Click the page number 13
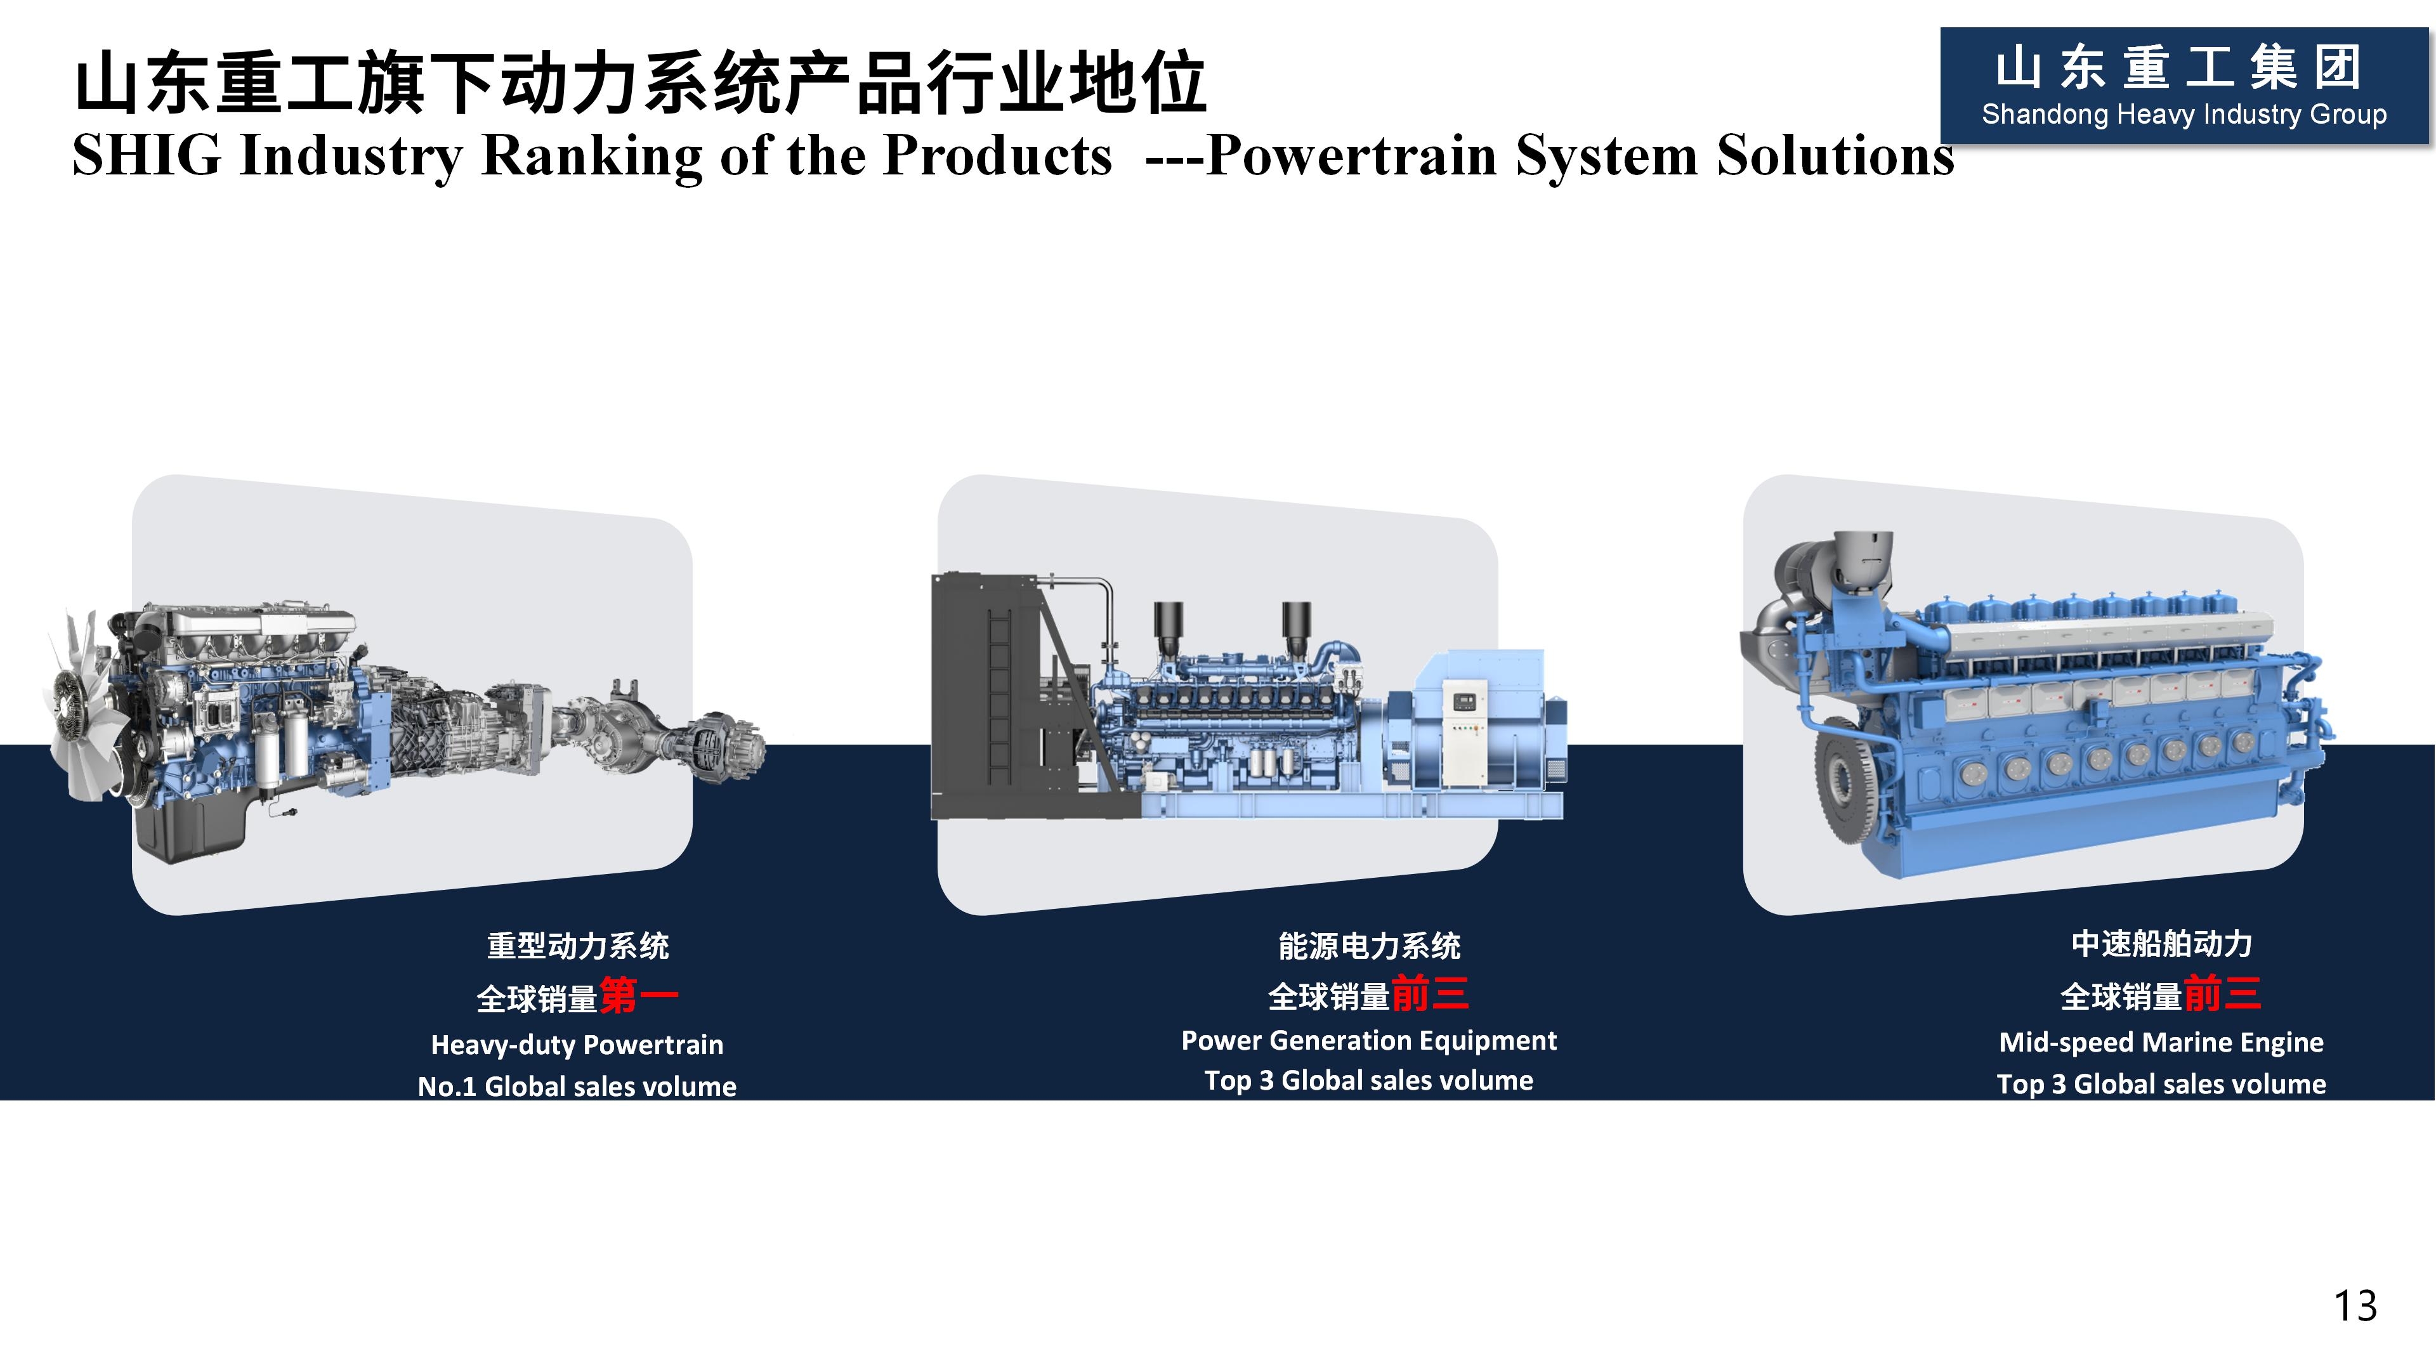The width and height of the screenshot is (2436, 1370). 2355,1306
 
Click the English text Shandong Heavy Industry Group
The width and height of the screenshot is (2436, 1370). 2184,114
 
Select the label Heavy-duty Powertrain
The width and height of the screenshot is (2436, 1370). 577,1045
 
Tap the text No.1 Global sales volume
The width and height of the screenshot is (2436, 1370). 577,1086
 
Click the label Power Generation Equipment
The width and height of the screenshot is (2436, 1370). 1368,1040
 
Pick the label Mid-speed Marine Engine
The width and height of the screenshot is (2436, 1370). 2161,1042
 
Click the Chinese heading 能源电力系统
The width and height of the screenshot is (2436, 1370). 1368,946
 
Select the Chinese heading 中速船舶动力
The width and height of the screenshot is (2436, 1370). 2161,944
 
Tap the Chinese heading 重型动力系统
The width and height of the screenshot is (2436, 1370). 577,946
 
